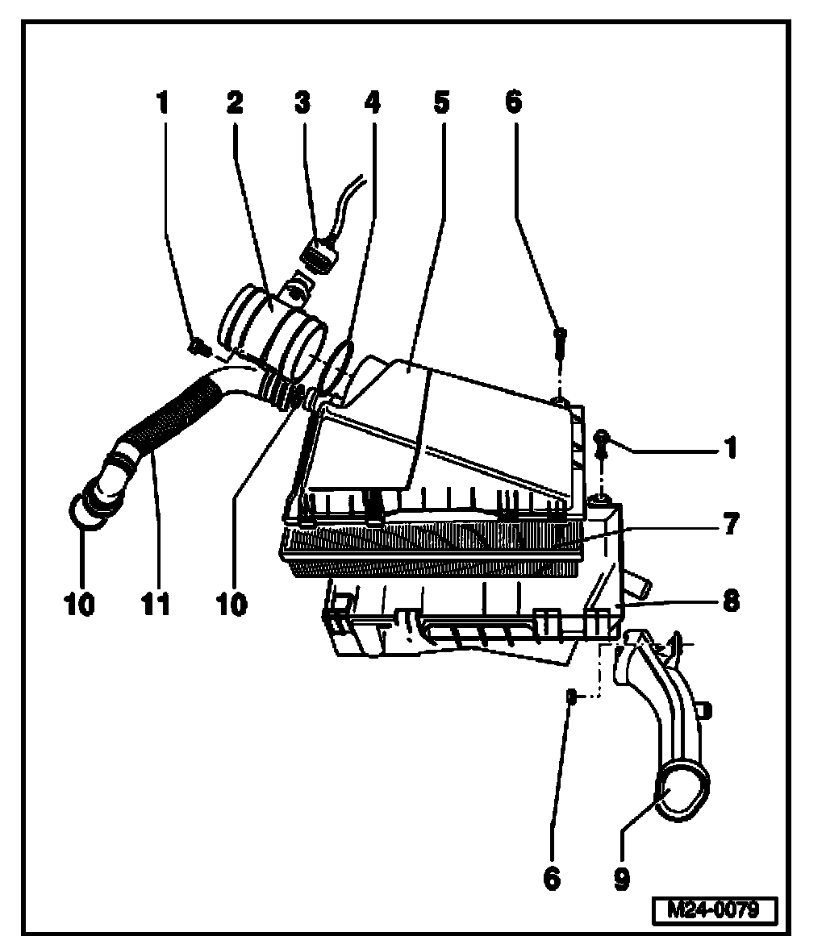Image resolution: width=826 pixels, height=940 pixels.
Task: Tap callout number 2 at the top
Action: pyautogui.click(x=235, y=104)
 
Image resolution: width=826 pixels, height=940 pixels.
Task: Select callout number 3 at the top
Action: pyautogui.click(x=302, y=104)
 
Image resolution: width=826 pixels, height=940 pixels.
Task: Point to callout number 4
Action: pyautogui.click(x=371, y=104)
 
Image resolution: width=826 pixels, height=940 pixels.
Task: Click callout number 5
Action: pyautogui.click(x=440, y=104)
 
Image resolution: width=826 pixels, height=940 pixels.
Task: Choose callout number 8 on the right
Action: pyautogui.click(x=729, y=601)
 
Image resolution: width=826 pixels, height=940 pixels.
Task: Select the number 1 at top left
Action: pyautogui.click(x=165, y=104)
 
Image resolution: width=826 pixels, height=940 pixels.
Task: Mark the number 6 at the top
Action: pyautogui.click(x=514, y=102)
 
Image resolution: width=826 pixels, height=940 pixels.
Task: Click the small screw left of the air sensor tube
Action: pyautogui.click(x=195, y=347)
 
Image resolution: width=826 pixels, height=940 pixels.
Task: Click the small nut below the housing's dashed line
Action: pyautogui.click(x=569, y=696)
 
